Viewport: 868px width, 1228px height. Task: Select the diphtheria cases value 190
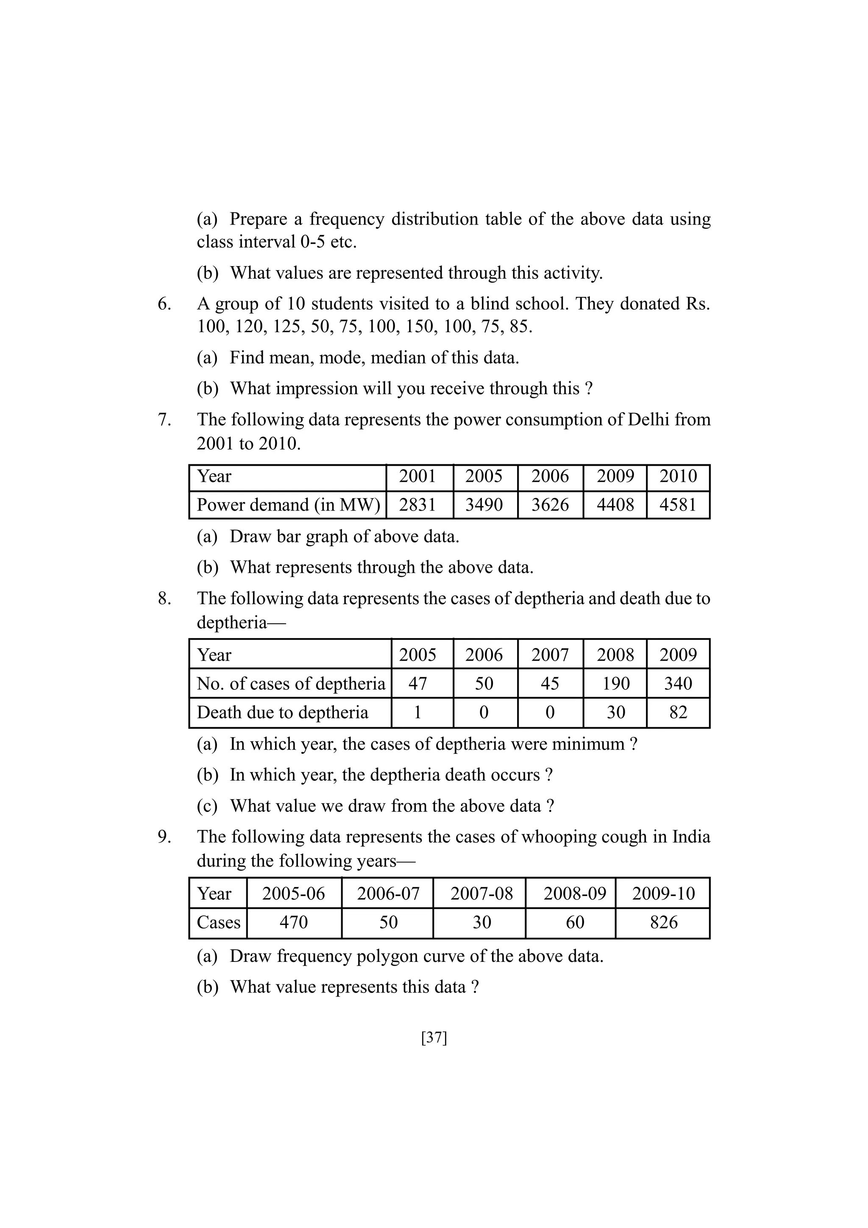point(615,683)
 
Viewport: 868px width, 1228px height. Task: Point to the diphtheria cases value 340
point(678,683)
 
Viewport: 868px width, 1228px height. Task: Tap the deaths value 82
point(678,712)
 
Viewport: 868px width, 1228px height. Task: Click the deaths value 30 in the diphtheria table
point(615,712)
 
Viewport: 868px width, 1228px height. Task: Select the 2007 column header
point(550,655)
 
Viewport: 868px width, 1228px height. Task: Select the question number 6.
point(164,304)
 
